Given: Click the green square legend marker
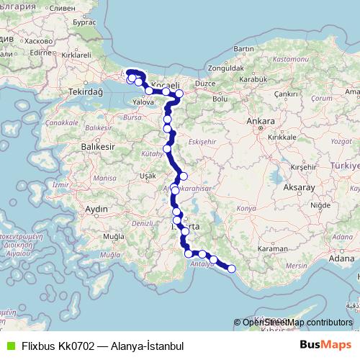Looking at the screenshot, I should (9, 346).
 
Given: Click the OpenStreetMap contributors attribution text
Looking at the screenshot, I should (297, 323).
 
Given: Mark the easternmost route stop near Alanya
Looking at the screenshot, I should (231, 269).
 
